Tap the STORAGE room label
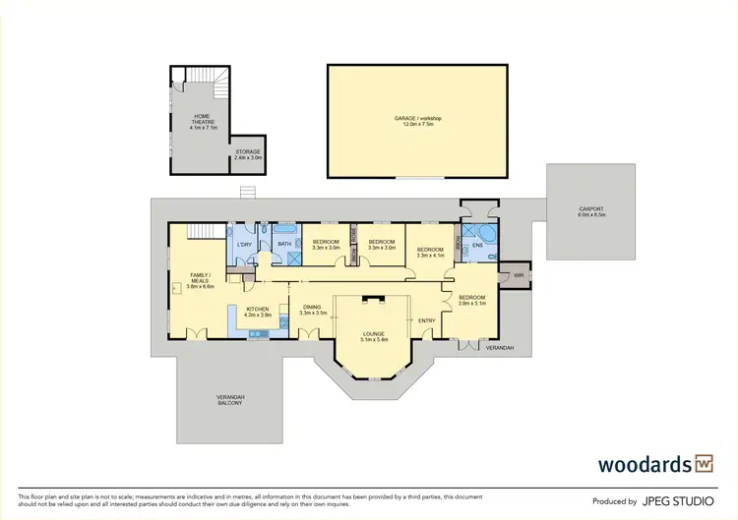click(x=247, y=152)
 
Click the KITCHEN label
click(x=257, y=309)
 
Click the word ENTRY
click(x=426, y=320)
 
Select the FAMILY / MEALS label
click(x=201, y=280)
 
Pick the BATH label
click(x=284, y=243)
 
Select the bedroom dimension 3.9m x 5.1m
click(x=473, y=304)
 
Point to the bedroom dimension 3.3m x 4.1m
click(x=431, y=256)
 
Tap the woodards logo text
click(x=645, y=463)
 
